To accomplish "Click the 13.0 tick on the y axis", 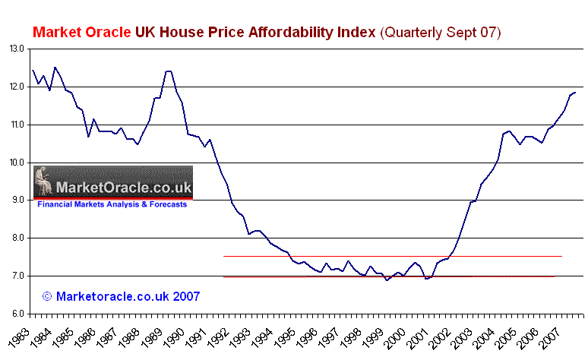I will (17, 49).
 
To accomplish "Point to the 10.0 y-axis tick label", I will (17, 163).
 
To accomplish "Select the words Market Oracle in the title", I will (81, 33).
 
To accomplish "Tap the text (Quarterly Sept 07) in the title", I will (441, 33).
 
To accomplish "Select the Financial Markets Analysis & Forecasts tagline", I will (112, 204).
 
